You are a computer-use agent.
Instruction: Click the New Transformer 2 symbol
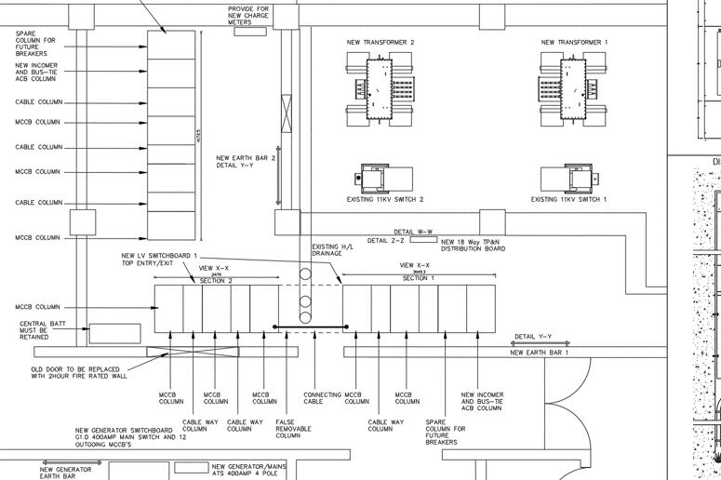pyautogui.click(x=381, y=87)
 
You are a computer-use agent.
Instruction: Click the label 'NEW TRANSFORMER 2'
pyautogui.click(x=381, y=42)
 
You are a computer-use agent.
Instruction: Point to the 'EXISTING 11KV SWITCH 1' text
pyautogui.click(x=568, y=199)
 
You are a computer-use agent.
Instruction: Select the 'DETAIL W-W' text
pyautogui.click(x=414, y=232)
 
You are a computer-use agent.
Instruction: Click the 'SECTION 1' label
pyautogui.click(x=419, y=278)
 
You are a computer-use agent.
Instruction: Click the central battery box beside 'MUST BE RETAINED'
pyautogui.click(x=114, y=334)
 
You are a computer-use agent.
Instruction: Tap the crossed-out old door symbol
pyautogui.click(x=180, y=353)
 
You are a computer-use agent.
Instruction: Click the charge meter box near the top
pyautogui.click(x=248, y=31)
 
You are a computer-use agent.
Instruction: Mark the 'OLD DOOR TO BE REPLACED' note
pyautogui.click(x=72, y=371)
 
